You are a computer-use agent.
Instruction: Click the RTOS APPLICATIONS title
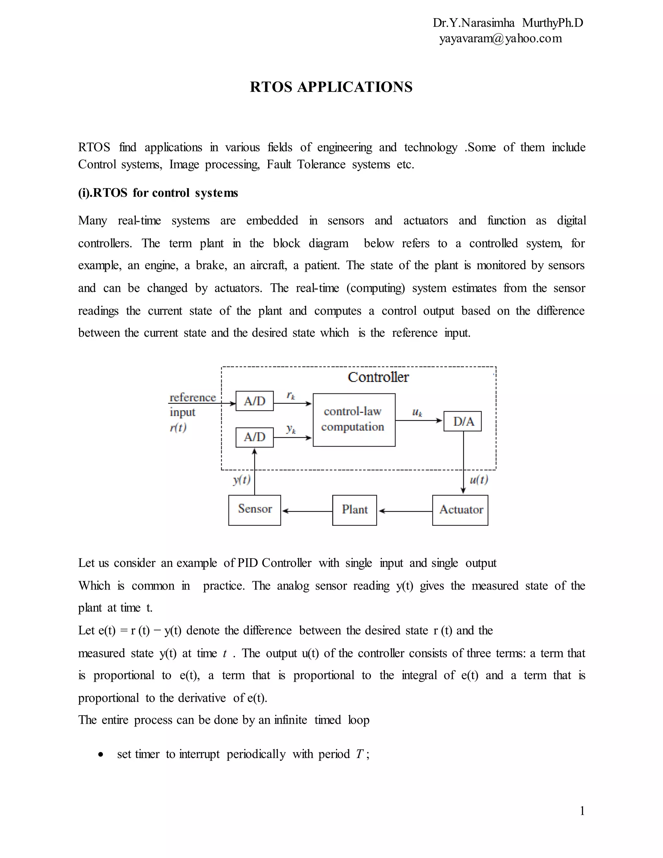[331, 87]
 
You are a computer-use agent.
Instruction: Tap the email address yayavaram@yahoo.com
[500, 39]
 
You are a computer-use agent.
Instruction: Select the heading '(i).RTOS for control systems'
[158, 193]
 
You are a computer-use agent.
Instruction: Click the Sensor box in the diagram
[254, 510]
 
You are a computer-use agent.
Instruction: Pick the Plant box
[354, 510]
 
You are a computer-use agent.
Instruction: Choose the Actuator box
[460, 510]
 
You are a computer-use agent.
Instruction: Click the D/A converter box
[462, 421]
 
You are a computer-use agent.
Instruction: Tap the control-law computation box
[354, 420]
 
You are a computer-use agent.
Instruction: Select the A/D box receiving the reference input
[254, 401]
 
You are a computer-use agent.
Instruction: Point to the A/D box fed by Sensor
[254, 437]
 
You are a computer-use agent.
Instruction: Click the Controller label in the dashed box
[378, 377]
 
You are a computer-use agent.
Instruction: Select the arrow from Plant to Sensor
[307, 511]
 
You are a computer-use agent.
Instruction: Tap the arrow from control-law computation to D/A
[419, 420]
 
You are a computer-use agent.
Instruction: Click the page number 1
[582, 810]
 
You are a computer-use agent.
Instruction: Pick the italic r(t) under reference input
[178, 427]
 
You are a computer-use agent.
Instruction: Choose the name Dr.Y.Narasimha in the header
[473, 23]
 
